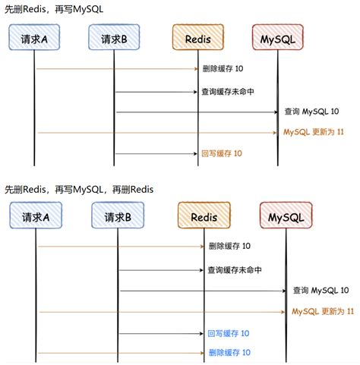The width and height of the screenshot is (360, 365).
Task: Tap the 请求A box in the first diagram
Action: point(35,38)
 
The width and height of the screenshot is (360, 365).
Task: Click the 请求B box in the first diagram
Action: point(114,38)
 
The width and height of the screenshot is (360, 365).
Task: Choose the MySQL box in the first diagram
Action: point(277,38)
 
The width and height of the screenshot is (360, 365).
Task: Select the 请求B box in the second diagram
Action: point(118,218)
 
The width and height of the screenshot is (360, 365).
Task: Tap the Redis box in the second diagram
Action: point(204,218)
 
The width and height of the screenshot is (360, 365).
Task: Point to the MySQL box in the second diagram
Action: point(286,218)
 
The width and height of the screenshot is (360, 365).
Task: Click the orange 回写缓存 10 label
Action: point(222,154)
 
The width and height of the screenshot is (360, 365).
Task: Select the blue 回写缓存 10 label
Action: point(229,333)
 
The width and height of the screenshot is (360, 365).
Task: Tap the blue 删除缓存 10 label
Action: point(229,353)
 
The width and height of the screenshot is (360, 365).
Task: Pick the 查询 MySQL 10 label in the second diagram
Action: point(321,291)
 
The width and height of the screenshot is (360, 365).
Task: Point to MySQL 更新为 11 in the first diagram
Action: point(314,132)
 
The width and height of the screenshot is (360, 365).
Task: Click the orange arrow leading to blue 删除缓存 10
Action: point(122,353)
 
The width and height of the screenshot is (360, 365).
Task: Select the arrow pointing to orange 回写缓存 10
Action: point(156,154)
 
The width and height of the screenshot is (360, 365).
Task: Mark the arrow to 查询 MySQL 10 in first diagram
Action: point(197,112)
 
